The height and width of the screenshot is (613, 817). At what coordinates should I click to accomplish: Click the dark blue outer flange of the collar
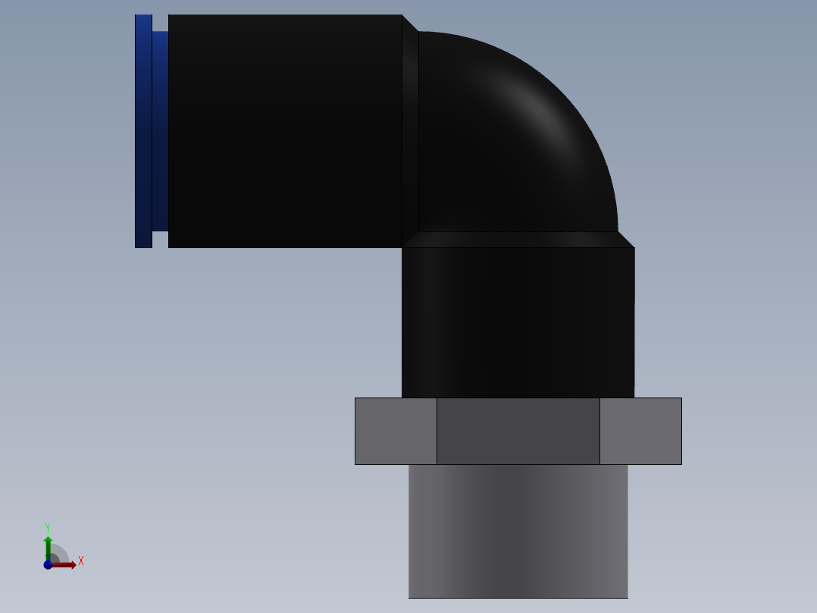click(x=143, y=130)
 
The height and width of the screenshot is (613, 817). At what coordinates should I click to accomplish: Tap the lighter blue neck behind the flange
click(x=160, y=130)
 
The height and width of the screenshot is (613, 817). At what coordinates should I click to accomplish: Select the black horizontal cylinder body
click(x=285, y=130)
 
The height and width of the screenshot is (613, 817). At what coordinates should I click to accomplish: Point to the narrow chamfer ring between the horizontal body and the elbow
click(x=410, y=130)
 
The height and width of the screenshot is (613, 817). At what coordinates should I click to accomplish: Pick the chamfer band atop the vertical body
click(x=518, y=240)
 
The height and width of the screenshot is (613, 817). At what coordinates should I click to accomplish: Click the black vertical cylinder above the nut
click(x=518, y=322)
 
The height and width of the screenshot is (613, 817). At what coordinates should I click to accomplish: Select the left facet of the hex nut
click(x=396, y=431)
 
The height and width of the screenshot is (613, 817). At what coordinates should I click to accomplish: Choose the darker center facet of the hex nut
click(x=518, y=431)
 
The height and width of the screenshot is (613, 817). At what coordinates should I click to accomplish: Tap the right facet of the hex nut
click(x=640, y=431)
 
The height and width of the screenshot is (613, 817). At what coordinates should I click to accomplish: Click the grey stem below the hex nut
click(x=518, y=531)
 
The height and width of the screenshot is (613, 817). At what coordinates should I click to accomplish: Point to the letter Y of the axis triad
click(x=48, y=527)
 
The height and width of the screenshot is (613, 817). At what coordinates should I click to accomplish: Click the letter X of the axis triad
click(x=81, y=561)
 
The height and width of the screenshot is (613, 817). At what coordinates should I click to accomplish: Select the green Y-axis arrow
click(x=48, y=545)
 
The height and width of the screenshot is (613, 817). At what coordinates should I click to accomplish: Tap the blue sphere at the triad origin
click(x=48, y=564)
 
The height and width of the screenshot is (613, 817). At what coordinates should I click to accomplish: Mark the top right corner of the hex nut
click(x=681, y=398)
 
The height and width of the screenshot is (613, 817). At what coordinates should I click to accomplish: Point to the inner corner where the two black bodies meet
click(x=402, y=247)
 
